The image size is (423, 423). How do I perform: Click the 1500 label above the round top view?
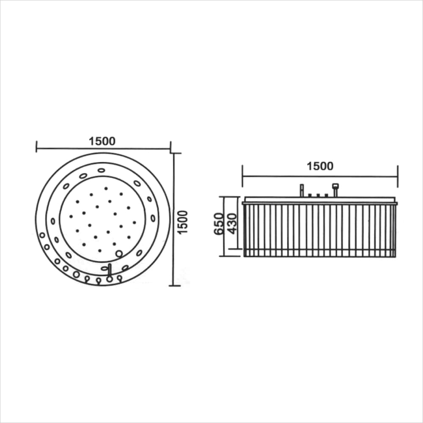[102, 141]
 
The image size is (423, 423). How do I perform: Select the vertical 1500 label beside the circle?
[182, 222]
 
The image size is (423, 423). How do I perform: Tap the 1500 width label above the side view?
[320, 166]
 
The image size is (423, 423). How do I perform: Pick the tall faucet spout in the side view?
[302, 190]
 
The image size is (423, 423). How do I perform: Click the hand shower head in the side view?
[335, 186]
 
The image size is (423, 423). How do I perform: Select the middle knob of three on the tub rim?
[318, 195]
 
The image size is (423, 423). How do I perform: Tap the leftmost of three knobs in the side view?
[310, 195]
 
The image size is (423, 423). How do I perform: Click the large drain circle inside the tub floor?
[119, 253]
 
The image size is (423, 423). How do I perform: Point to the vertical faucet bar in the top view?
[110, 271]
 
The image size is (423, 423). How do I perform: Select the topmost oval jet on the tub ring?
[101, 170]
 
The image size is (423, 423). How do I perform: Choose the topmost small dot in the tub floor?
[106, 188]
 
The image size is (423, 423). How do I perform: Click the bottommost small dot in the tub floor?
[99, 250]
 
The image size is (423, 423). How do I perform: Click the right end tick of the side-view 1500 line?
[398, 176]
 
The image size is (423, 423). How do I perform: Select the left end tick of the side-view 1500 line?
[242, 176]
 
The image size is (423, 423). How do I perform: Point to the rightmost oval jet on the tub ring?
[153, 218]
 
